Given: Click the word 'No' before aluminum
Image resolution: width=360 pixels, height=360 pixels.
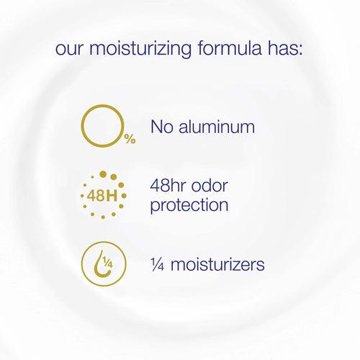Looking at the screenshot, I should tap(162, 127).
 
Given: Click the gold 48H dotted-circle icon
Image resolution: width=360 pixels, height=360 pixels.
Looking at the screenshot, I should tap(102, 195).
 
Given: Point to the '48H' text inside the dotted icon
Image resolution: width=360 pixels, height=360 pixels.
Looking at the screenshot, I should tap(102, 196).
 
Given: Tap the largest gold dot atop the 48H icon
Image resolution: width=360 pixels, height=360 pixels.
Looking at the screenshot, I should tap(103, 174).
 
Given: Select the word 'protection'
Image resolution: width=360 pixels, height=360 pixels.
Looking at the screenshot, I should tap(190, 206).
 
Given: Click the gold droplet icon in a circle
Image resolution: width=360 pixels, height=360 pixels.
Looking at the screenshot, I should tap(102, 264).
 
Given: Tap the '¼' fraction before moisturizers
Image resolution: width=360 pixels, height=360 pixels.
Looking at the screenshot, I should tap(157, 264).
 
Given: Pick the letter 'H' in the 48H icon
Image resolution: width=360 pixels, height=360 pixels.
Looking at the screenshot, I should tap(112, 196).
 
